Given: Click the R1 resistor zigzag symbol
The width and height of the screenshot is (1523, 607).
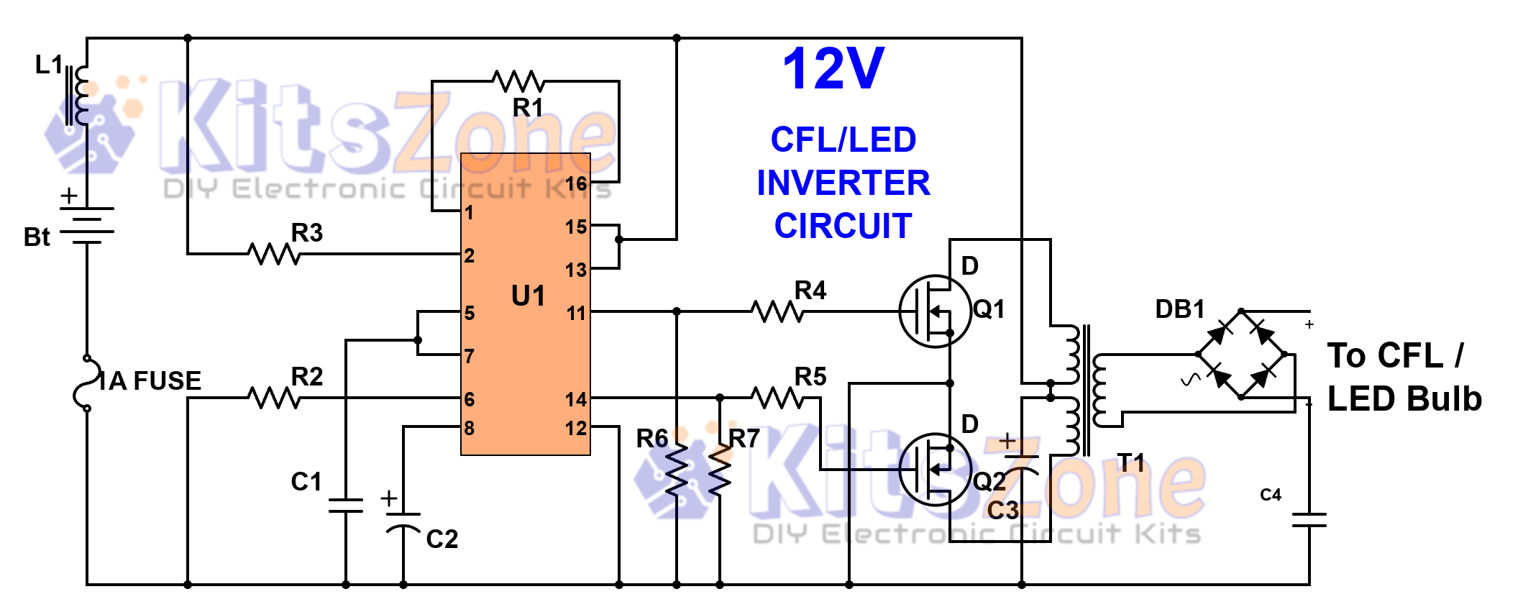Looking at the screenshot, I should click(518, 81).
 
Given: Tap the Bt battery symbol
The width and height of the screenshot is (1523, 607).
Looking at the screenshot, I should click(86, 225).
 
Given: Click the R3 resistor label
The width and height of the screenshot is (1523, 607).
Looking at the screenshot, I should click(307, 232).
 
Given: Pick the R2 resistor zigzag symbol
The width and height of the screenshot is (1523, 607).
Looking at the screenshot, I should click(274, 397).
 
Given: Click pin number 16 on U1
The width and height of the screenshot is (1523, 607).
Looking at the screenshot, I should click(576, 183).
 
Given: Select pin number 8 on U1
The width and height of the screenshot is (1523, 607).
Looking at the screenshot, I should click(469, 428).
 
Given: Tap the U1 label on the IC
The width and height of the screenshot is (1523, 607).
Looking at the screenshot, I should click(528, 296).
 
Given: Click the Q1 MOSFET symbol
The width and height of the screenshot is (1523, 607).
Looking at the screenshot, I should click(934, 311).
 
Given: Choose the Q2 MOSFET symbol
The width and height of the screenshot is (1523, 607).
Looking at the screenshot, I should click(934, 470).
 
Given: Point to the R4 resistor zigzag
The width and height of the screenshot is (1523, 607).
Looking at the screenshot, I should click(777, 311).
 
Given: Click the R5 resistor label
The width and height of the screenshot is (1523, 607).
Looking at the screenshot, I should click(810, 376).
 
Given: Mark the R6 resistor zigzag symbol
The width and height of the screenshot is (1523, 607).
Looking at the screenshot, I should click(676, 469).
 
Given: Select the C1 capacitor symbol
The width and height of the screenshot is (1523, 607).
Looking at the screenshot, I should click(346, 505).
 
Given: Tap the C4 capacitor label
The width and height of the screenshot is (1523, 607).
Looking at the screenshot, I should click(1271, 494).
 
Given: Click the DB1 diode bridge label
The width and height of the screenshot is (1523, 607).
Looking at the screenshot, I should click(1179, 309).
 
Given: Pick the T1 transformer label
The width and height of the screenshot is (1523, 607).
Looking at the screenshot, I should click(1130, 462).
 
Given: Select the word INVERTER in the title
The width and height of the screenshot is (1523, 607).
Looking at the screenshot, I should click(843, 183).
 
